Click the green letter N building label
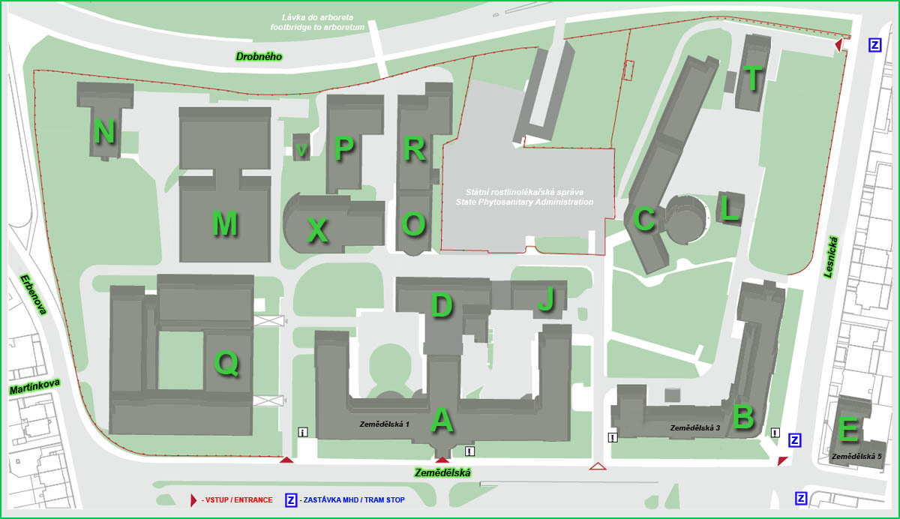point(104,132)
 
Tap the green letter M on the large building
point(224,223)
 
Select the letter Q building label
point(226,364)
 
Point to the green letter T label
point(752,77)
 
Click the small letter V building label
point(301,151)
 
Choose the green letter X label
point(318,231)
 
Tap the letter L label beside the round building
point(729,208)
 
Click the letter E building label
point(848,430)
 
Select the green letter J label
point(546,299)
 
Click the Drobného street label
point(259,56)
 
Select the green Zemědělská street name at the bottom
point(442,472)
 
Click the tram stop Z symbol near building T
point(874,45)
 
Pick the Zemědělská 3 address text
point(694,428)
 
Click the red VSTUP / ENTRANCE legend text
point(237,499)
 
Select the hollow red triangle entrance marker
point(597,466)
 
